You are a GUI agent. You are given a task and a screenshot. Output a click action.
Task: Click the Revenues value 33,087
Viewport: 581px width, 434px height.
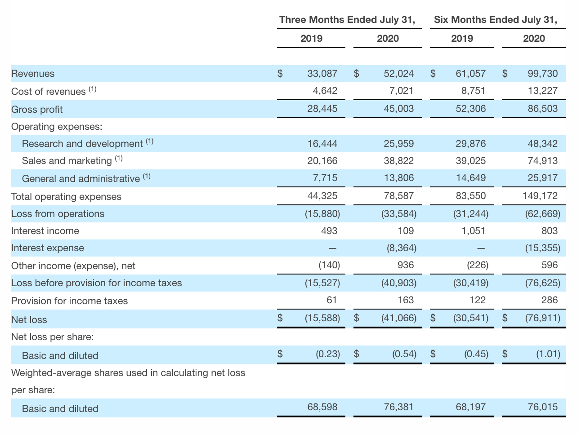coord(322,74)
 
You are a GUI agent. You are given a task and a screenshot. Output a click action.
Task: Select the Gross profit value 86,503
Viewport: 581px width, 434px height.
coord(542,109)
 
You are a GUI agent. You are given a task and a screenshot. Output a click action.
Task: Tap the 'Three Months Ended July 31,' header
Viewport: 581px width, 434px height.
coord(347,20)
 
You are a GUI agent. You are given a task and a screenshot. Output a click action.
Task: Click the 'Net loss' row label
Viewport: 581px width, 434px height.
coord(29,320)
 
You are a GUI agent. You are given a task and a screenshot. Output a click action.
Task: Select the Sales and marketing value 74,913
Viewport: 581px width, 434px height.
coord(542,161)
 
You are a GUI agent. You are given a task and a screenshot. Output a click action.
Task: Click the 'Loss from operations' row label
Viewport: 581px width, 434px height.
coord(58,214)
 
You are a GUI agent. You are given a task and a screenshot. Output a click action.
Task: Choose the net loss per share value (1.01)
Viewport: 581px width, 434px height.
coord(548,354)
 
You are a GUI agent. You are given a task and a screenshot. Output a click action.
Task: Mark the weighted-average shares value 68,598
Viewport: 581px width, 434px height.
coord(322,407)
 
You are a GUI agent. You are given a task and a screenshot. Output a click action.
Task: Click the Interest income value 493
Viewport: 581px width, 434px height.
coord(329,231)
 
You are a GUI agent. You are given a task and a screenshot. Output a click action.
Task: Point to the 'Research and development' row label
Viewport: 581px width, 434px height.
coord(82,144)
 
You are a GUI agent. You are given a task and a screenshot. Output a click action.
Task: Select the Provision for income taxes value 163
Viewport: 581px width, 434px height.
coord(406,300)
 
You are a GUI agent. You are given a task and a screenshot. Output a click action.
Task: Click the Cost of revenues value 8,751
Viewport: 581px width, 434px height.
coord(473,91)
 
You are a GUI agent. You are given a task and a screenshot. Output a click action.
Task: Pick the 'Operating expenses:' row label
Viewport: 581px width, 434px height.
coord(57,127)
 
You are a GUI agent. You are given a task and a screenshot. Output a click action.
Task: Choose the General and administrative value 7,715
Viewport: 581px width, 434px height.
coord(325,178)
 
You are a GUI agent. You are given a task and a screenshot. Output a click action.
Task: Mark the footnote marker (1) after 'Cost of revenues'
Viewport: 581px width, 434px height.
coord(92,89)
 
